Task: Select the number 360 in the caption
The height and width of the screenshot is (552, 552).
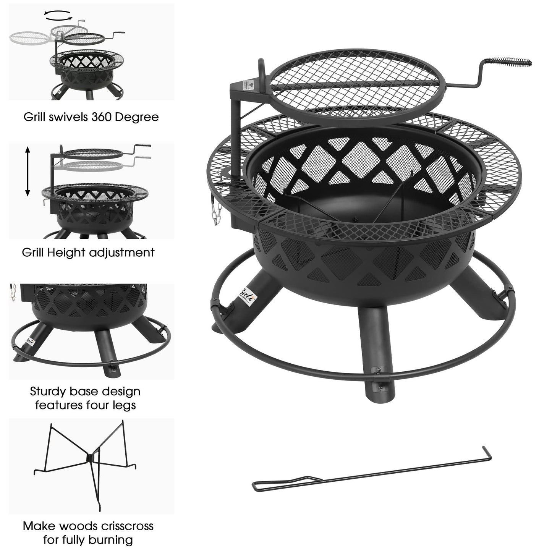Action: pos(101,117)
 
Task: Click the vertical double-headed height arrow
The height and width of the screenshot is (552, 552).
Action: pos(28,172)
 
